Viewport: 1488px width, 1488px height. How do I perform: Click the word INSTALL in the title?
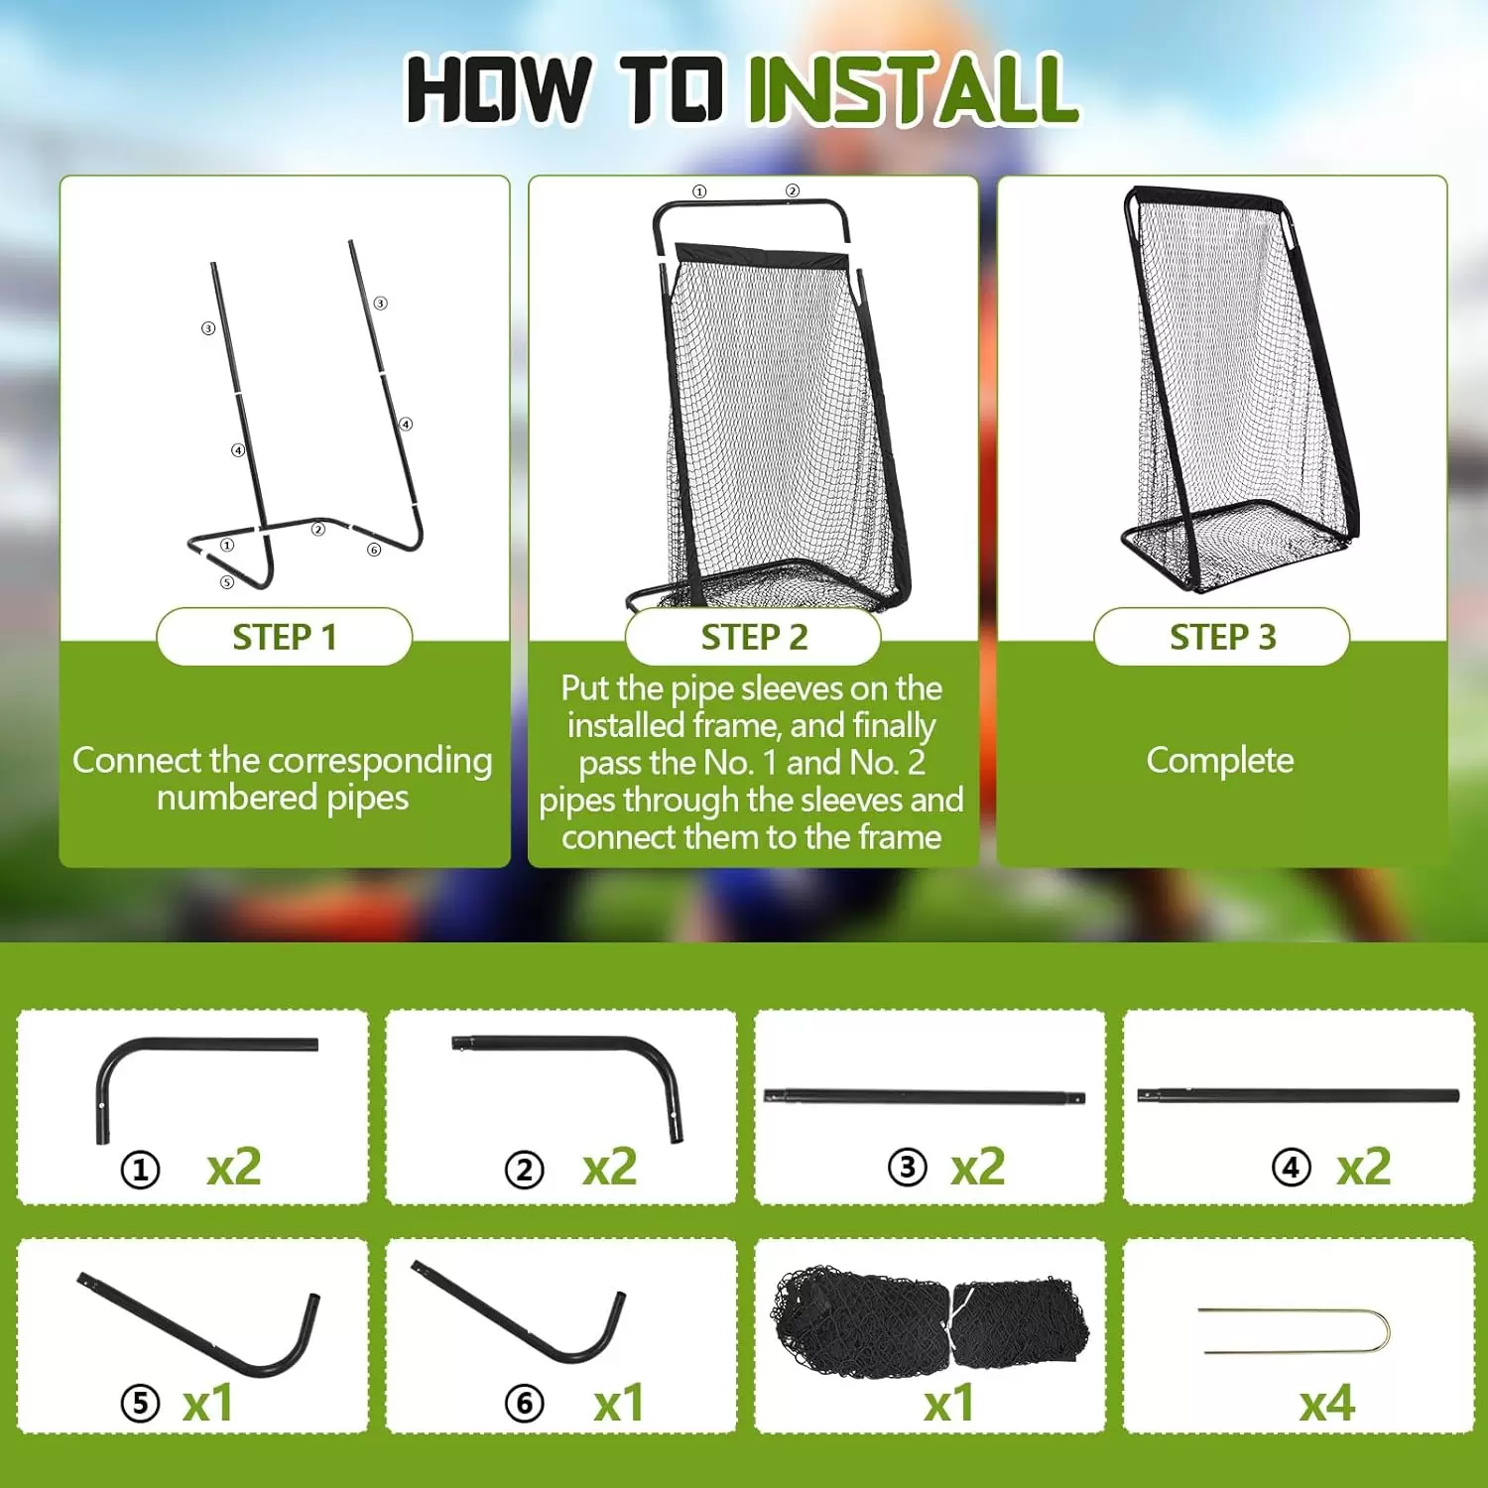coord(913,89)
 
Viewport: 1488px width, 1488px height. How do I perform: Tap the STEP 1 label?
coord(285,637)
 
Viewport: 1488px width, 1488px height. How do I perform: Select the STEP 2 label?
coord(754,637)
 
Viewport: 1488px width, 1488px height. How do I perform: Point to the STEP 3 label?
coord(1222,637)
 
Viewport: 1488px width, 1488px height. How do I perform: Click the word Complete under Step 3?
coord(1220,761)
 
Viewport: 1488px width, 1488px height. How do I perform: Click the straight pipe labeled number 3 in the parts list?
coord(925,1098)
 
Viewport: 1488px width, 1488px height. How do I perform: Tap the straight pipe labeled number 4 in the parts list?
coord(1298,1096)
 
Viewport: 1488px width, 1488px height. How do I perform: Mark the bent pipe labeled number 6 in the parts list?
coord(516,1324)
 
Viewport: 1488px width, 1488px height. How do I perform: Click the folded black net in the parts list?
coord(930,1321)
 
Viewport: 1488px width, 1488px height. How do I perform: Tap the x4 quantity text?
coord(1327,1403)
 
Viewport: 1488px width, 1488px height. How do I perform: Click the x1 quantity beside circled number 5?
coord(208,1403)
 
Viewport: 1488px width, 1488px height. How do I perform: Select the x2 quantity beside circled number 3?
coord(978,1167)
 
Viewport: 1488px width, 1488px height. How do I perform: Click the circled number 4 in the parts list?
coord(1291,1168)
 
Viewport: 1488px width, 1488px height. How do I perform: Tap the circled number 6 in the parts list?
coord(525,1404)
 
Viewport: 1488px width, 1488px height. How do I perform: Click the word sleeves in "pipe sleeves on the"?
coord(813,688)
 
